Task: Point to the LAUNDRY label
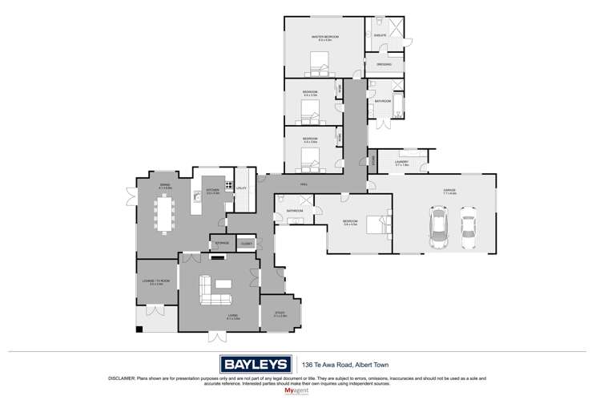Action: coord(401,162)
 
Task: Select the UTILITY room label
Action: coord(240,188)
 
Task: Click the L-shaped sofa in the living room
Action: coord(213,292)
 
